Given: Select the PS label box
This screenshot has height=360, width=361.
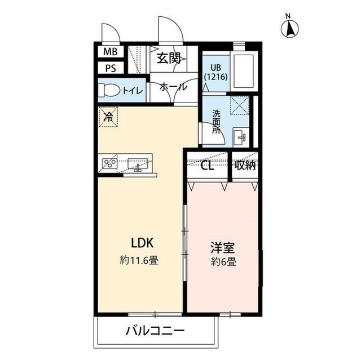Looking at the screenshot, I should point(109,68).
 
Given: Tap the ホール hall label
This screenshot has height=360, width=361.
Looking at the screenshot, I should point(170,87).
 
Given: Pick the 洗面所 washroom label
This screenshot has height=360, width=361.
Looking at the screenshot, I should point(217,121).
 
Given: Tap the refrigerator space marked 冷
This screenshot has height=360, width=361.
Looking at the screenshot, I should point(108,117).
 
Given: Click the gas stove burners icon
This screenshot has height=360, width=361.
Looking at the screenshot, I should point(109,164).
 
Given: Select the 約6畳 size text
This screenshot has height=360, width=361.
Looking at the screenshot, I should point(223,261).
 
